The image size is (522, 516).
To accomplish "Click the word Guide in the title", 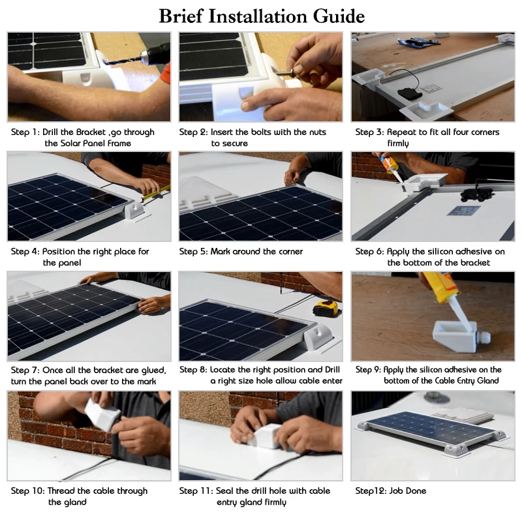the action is coord(339,16).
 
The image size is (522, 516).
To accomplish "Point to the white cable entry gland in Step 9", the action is coord(455,334).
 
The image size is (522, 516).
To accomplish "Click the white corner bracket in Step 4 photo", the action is coord(134,211).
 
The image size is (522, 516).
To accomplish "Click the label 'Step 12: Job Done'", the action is coord(390,491).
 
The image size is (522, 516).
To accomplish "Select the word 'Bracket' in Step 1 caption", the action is coord(91,132).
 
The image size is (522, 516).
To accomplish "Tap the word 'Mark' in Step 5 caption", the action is coord(220,251).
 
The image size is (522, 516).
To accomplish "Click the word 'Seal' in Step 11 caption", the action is coord(224,491).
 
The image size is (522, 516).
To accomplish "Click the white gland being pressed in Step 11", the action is coord(266,436).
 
